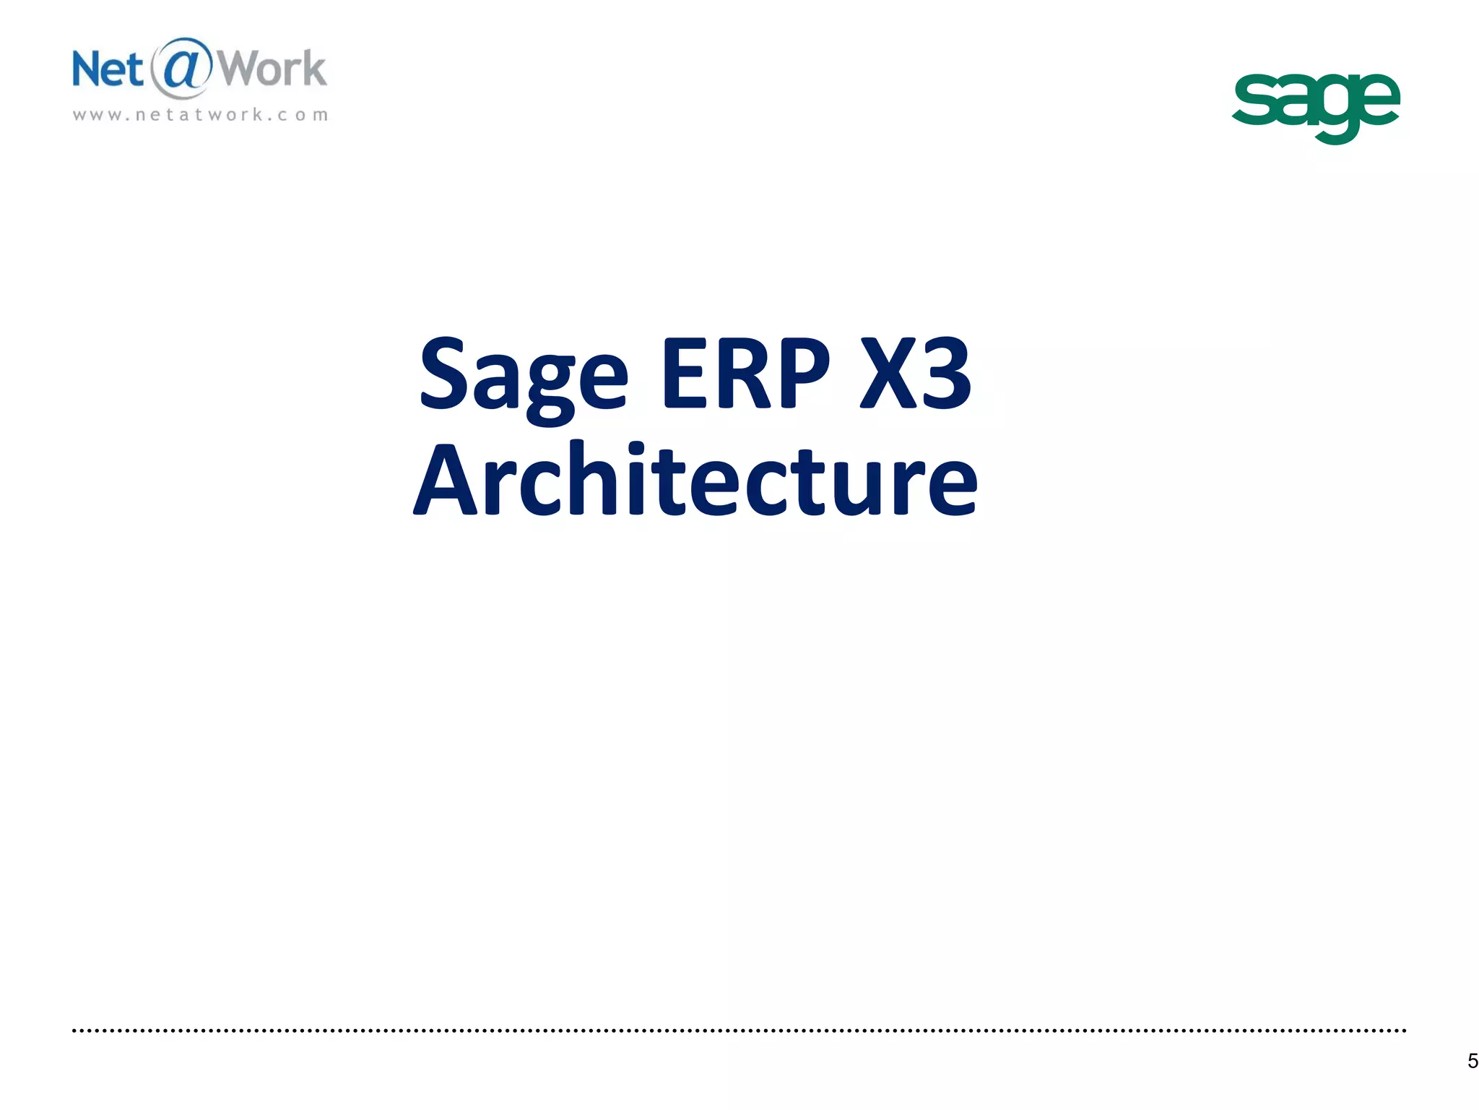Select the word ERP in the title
[745, 374]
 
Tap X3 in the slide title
[916, 374]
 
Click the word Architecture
[695, 481]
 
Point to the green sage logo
[1316, 106]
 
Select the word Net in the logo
[108, 70]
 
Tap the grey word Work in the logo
[272, 69]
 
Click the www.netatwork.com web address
[201, 115]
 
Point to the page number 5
[1473, 1061]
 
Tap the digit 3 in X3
[942, 374]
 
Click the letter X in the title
[888, 374]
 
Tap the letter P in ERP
[802, 374]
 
